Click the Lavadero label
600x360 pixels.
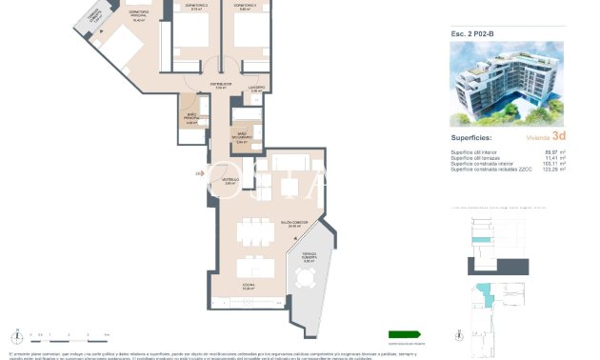tap(256, 88)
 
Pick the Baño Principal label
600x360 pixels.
tap(191, 119)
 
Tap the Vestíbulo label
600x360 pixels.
tap(230, 181)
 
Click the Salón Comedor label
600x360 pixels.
tap(252, 226)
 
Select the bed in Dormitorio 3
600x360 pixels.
tap(250, 38)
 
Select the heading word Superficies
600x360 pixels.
tap(470, 137)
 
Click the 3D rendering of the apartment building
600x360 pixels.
tap(506, 84)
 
